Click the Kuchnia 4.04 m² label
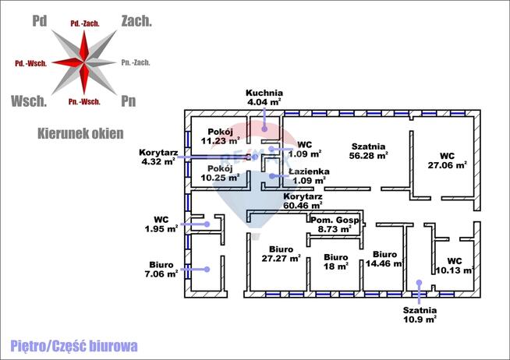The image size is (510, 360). [x=264, y=97]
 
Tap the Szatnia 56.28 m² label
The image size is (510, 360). [x=369, y=150]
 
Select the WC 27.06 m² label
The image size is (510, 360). [x=447, y=160]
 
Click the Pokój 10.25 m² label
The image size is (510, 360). [x=213, y=172]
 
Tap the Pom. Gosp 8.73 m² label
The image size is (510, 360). [x=335, y=226]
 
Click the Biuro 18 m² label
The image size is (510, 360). [x=335, y=261]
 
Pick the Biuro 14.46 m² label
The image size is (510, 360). [x=384, y=259]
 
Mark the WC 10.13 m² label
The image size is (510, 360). [x=454, y=266]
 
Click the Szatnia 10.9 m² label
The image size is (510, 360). [x=420, y=315]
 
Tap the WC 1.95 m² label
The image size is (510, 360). [x=161, y=224]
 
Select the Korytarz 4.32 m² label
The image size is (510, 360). [x=158, y=157]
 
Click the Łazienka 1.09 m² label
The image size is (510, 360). [x=309, y=176]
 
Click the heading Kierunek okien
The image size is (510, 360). [x=80, y=134]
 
